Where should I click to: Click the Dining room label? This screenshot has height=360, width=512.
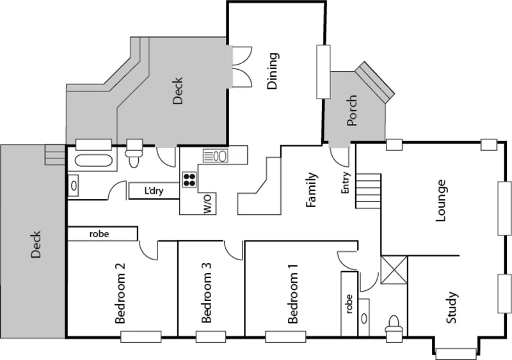(x=273, y=72)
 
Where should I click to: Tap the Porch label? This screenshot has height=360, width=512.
(x=351, y=110)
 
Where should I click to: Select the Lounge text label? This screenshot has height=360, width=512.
(x=440, y=201)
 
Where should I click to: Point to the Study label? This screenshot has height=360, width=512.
(x=452, y=308)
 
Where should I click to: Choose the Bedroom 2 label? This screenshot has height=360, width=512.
(x=120, y=294)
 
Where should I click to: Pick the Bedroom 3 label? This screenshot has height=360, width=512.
(x=206, y=298)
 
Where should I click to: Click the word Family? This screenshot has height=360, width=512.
(x=312, y=190)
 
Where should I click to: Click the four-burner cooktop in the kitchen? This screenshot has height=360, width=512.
(x=189, y=180)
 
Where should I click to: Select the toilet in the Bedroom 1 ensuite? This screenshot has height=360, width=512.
(x=394, y=325)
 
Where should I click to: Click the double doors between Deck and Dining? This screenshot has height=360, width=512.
(x=239, y=66)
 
